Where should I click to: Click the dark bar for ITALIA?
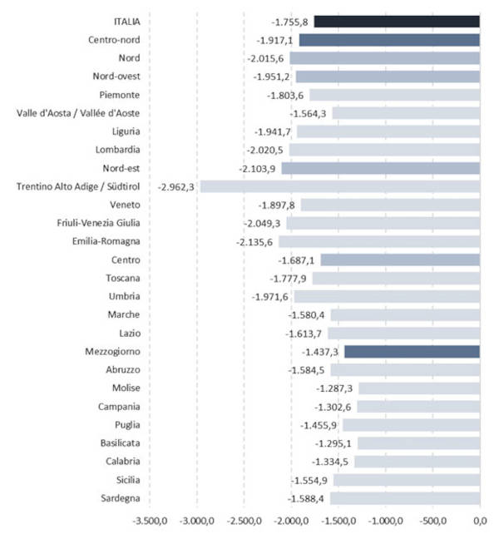pos(397,22)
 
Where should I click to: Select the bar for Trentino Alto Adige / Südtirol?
pos(339,186)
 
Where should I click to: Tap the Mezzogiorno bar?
pos(412,352)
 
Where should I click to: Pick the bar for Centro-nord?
pos(389,40)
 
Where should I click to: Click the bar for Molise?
pos(419,388)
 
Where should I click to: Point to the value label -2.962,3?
pos(175,186)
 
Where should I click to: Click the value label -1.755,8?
pos(290,22)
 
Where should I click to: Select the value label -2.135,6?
pos(255,242)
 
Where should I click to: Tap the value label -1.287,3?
pos(334,388)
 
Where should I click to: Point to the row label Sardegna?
pos(118,499)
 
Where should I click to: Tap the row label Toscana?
pos(123,278)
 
